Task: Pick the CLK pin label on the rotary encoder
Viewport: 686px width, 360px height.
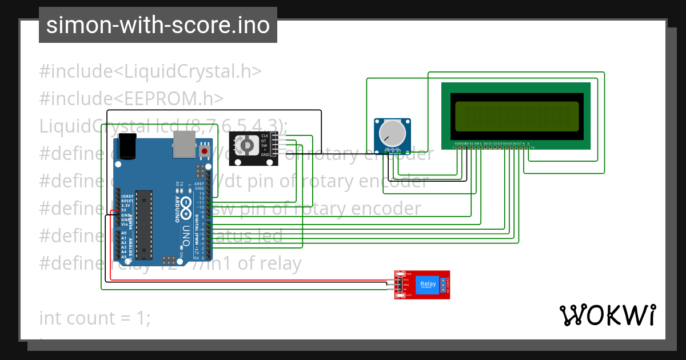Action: click(265, 135)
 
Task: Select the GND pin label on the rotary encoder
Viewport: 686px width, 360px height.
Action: click(265, 155)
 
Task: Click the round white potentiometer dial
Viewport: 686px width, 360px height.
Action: click(392, 133)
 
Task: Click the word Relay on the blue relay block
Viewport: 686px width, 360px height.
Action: click(428, 284)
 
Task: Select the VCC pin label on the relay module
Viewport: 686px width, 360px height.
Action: click(406, 280)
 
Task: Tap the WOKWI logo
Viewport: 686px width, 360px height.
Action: click(607, 315)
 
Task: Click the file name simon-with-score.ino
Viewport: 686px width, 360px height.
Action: click(158, 26)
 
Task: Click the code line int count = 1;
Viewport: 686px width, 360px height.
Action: click(95, 318)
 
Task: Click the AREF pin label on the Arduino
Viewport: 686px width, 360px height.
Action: click(200, 183)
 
